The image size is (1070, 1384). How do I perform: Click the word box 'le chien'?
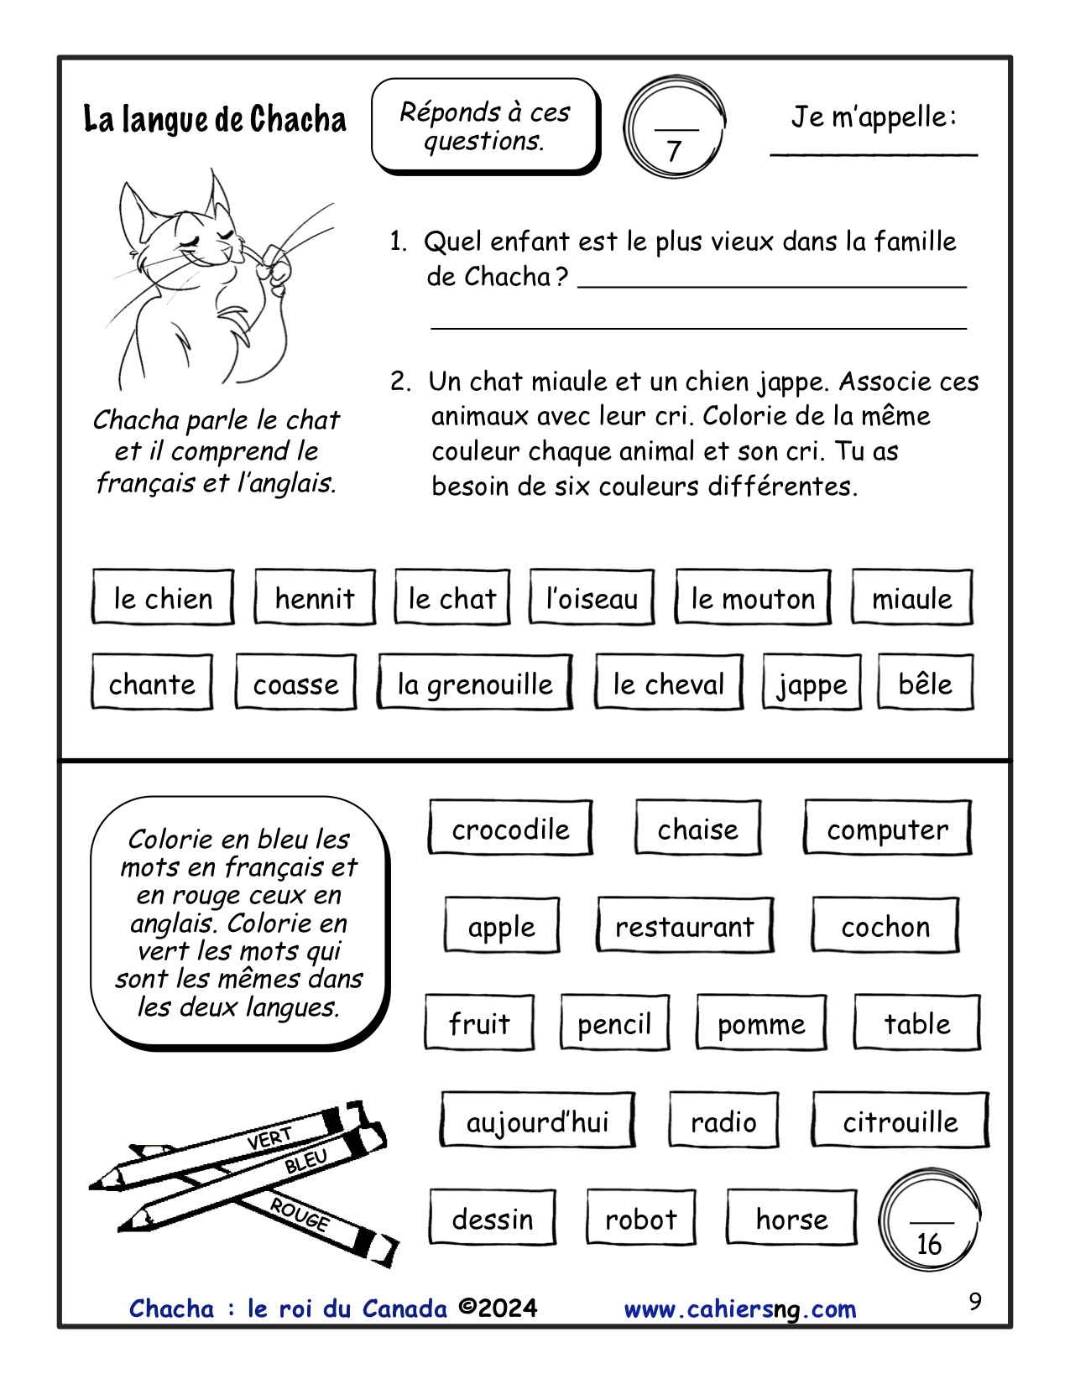point(162,598)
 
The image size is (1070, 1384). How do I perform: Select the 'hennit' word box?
point(315,598)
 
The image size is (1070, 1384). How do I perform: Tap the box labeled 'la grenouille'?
point(475,684)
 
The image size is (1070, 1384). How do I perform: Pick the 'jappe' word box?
point(812,684)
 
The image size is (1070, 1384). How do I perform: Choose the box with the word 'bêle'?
point(925,684)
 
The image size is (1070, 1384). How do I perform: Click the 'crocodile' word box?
point(510,829)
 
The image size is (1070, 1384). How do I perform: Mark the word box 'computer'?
point(887,829)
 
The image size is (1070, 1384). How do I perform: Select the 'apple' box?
point(501,926)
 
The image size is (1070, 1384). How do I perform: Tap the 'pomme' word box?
point(761,1023)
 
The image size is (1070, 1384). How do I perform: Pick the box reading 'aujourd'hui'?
point(537,1121)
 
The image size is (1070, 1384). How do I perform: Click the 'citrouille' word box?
point(900,1121)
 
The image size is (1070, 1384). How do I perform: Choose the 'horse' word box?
point(791,1218)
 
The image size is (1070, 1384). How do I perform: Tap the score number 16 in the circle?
point(929,1243)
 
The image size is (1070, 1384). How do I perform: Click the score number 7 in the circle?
point(674,151)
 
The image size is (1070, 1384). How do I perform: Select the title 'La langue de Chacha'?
point(215,119)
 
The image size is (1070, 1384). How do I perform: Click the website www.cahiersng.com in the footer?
point(740,1309)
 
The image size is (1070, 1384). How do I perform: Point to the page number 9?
point(974,1301)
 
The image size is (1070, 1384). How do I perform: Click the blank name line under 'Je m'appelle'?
point(874,153)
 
